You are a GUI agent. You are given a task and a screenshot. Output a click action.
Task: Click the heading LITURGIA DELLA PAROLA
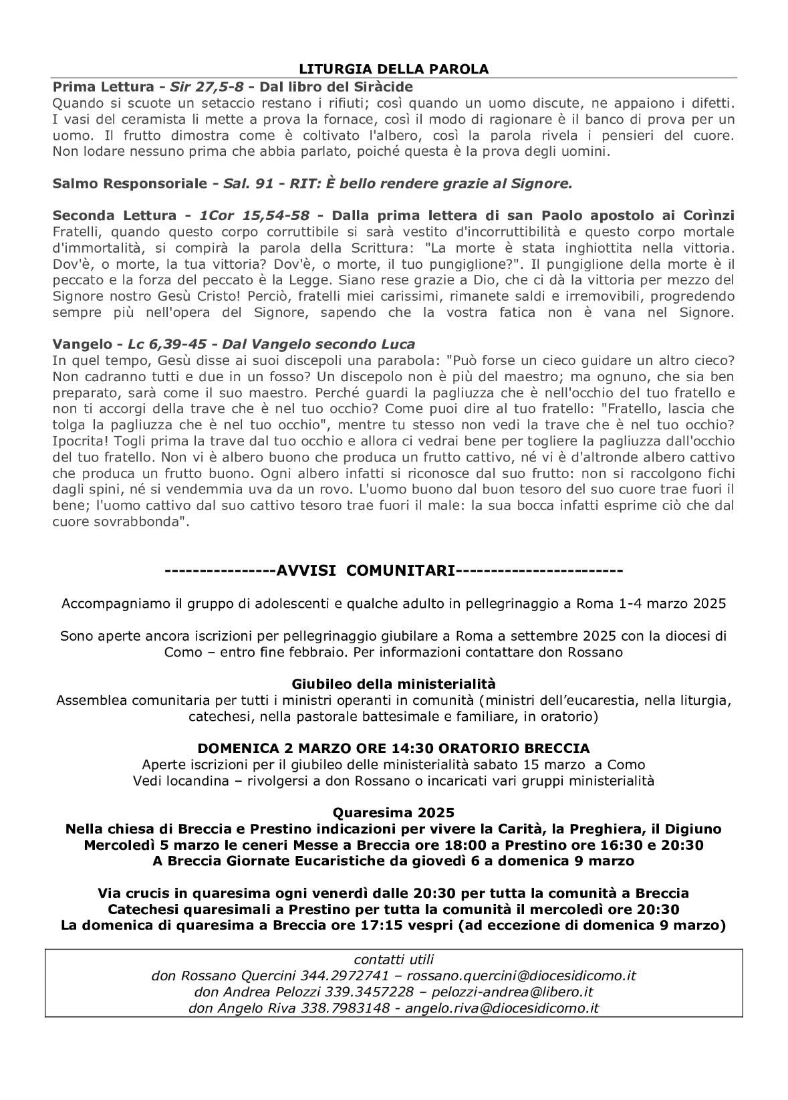pyautogui.click(x=394, y=69)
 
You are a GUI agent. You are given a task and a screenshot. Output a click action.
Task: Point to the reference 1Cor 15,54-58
pyautogui.click(x=255, y=215)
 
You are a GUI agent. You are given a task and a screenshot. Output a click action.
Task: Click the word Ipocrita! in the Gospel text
pyautogui.click(x=78, y=441)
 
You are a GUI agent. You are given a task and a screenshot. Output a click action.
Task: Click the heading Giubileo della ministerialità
pyautogui.click(x=394, y=684)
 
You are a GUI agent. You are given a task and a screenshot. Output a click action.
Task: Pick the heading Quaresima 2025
pyautogui.click(x=394, y=812)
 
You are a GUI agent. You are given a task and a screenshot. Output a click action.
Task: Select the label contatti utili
pyautogui.click(x=394, y=960)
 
